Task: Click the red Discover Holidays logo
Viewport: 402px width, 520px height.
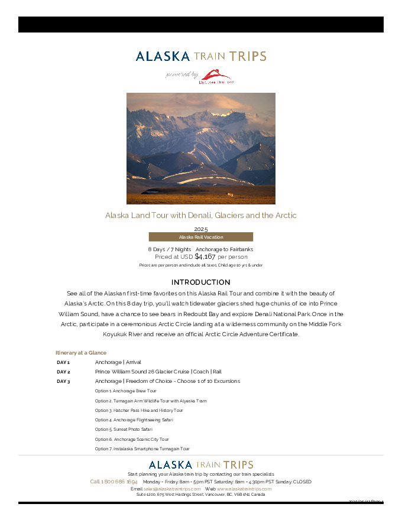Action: coord(216,76)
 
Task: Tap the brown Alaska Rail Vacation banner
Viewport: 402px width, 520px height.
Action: coord(201,237)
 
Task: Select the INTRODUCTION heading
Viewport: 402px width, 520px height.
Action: coord(201,282)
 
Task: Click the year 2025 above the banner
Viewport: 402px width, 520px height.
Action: coord(201,229)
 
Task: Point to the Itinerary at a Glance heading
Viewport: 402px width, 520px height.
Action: coord(81,353)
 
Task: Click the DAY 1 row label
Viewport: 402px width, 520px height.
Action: coord(63,362)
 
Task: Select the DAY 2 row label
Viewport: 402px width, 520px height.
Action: coord(63,372)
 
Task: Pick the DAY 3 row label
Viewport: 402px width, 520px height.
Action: coord(63,382)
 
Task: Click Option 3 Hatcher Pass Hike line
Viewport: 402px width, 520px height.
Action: coord(139,411)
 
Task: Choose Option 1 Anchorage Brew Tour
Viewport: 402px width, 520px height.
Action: coord(125,391)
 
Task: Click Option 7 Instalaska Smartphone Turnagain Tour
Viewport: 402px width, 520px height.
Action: coord(142,449)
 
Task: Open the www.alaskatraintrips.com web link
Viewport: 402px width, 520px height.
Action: coord(244,489)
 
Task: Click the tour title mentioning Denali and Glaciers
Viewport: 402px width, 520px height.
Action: coord(201,216)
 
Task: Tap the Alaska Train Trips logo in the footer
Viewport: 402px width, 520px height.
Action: coord(201,465)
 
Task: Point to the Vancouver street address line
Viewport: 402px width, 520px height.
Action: coord(201,495)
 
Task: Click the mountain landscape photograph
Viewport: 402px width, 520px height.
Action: coord(201,148)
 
